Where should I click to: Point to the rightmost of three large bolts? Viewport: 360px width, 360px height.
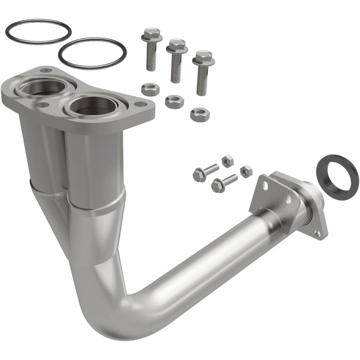(202, 72)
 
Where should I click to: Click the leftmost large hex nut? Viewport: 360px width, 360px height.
(149, 89)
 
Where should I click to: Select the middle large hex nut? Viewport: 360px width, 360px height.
(174, 101)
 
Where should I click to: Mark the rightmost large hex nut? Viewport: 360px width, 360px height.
(199, 114)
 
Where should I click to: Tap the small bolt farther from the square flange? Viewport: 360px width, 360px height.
(204, 172)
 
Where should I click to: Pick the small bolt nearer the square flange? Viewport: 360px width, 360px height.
(223, 183)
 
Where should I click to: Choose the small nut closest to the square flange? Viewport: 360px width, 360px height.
(246, 171)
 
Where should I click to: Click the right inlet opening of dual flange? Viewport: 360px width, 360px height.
(90, 104)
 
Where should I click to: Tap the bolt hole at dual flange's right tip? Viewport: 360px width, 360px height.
(141, 104)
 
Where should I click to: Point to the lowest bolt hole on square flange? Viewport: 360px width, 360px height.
(317, 233)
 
